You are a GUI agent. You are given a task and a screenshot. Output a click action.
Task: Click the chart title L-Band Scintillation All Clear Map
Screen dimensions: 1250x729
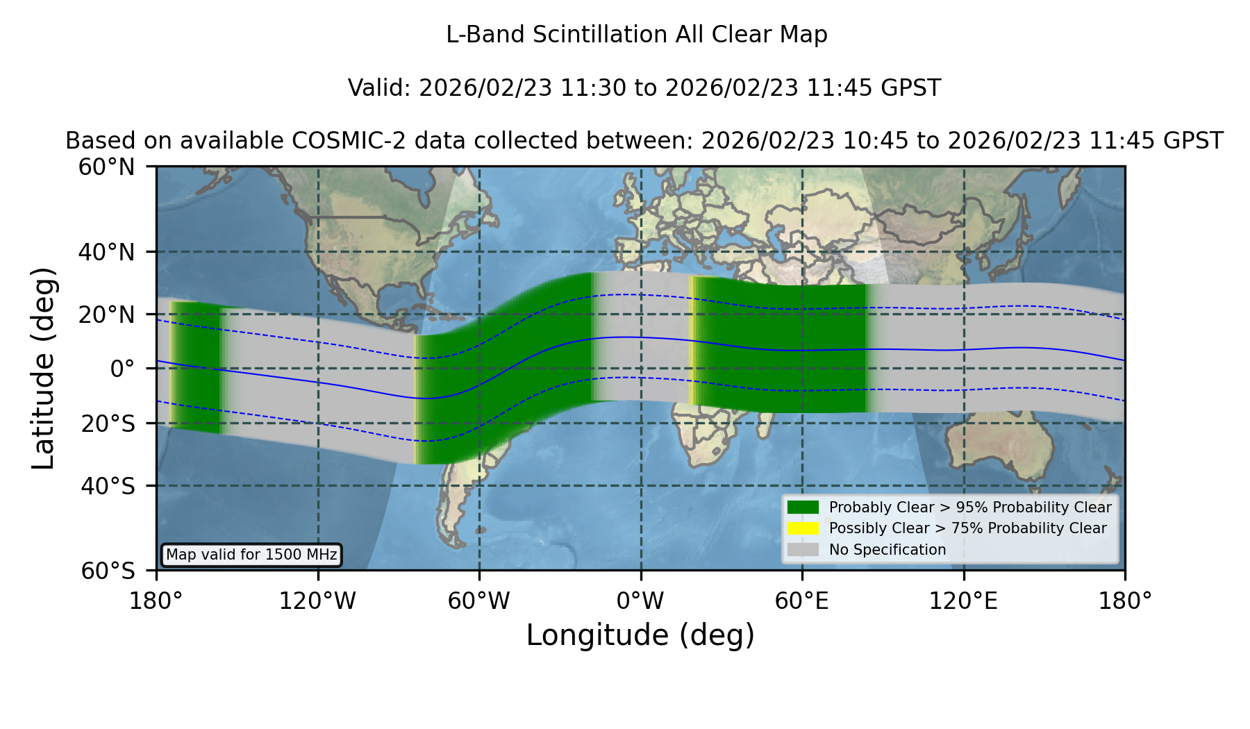pyautogui.click(x=637, y=35)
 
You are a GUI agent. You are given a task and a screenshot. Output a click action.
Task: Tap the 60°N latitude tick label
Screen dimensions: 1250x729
pyautogui.click(x=107, y=167)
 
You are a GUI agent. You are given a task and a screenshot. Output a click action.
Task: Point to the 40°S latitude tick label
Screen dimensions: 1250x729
pyautogui.click(x=108, y=486)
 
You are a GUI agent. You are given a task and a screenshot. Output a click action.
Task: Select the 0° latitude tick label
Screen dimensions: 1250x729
pyautogui.click(x=122, y=369)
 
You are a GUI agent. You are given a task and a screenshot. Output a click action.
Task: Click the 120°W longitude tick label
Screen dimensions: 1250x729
pyautogui.click(x=317, y=601)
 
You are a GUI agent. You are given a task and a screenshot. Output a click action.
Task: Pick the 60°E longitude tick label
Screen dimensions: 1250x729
pyautogui.click(x=802, y=601)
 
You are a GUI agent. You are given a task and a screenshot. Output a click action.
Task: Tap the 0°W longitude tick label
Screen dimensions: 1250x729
pyautogui.click(x=641, y=601)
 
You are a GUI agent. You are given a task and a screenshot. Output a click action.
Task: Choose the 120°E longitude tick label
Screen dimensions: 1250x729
pyautogui.click(x=964, y=601)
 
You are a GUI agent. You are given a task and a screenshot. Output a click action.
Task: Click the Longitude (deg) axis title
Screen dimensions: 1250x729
pyautogui.click(x=640, y=635)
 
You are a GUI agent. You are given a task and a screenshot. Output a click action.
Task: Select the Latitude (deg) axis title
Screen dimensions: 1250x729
pyautogui.click(x=43, y=368)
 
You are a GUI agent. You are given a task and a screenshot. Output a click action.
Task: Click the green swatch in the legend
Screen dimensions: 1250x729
pyautogui.click(x=803, y=508)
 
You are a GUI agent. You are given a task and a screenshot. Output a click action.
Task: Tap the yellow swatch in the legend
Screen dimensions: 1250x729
pyautogui.click(x=803, y=528)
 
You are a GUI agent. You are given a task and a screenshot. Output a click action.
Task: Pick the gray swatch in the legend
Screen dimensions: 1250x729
pyautogui.click(x=803, y=550)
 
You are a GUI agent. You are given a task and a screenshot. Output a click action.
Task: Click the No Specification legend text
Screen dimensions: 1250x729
pyautogui.click(x=887, y=550)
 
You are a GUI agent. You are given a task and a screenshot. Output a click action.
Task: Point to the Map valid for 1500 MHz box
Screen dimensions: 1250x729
pyautogui.click(x=251, y=555)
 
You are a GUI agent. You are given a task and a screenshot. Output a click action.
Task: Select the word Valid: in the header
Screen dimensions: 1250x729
pyautogui.click(x=380, y=88)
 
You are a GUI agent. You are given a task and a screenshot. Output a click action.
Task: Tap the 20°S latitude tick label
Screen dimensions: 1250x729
pyautogui.click(x=108, y=424)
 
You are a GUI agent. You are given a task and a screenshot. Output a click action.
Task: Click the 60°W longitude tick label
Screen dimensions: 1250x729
pyautogui.click(x=479, y=601)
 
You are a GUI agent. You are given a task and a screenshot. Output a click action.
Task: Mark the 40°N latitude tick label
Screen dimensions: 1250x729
pyautogui.click(x=107, y=252)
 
